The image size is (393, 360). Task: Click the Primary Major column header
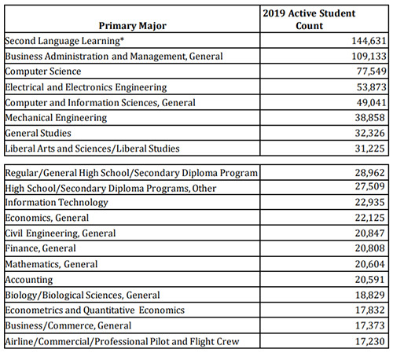(132, 26)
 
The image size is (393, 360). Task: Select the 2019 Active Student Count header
(309, 20)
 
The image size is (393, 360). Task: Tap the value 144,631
(369, 41)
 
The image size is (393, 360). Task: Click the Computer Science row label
(43, 72)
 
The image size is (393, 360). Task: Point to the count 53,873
(372, 87)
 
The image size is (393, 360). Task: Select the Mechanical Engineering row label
(56, 118)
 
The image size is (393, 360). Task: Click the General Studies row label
(38, 133)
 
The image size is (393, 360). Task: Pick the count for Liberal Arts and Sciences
(369, 149)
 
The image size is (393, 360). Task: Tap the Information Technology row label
(57, 202)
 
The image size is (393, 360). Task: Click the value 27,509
(369, 186)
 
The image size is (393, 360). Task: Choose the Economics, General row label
(47, 218)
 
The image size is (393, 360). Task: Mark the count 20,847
(369, 233)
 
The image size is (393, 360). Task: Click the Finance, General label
(40, 248)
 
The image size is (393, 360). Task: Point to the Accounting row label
(29, 280)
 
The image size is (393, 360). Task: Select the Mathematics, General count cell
(369, 264)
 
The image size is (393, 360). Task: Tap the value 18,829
(369, 295)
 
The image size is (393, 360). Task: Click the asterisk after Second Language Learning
(122, 39)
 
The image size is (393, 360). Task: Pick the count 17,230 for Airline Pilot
(369, 341)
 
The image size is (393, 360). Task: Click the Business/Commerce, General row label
(68, 325)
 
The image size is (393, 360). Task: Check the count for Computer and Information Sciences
(372, 102)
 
